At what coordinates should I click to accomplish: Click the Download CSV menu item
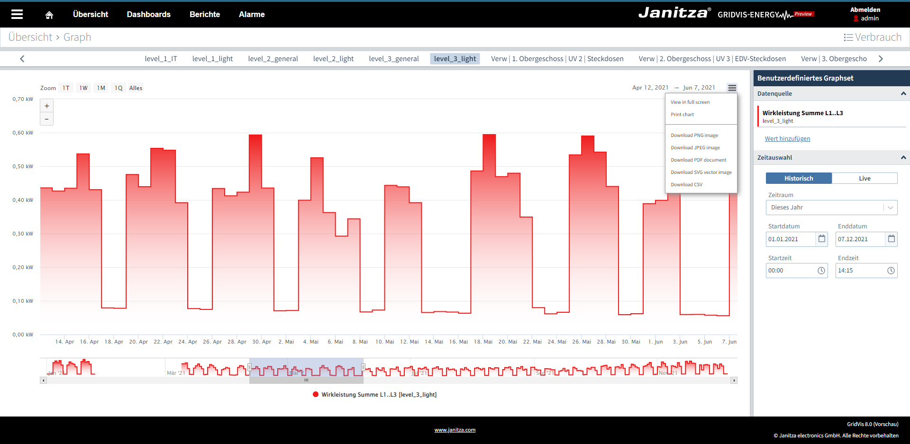click(686, 185)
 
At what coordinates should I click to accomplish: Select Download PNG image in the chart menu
click(694, 136)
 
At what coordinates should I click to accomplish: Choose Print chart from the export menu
click(682, 115)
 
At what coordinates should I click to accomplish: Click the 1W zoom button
click(83, 88)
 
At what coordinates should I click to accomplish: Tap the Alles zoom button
click(136, 88)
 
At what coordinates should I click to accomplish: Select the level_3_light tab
click(455, 59)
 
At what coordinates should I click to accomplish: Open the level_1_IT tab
click(161, 59)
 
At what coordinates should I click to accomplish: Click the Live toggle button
click(864, 179)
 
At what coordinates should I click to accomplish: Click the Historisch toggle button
click(799, 179)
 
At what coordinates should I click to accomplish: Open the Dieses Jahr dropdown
click(831, 208)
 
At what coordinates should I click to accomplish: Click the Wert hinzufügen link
click(787, 139)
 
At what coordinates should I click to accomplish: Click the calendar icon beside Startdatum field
click(821, 239)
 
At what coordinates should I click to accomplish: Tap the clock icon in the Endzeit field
click(891, 271)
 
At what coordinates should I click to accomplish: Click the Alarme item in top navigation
click(252, 15)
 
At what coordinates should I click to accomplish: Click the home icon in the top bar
click(49, 15)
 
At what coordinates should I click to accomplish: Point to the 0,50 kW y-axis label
click(23, 167)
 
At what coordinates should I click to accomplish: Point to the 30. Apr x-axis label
click(262, 342)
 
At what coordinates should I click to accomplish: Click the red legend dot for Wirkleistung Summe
click(316, 394)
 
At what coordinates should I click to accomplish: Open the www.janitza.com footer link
click(455, 430)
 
